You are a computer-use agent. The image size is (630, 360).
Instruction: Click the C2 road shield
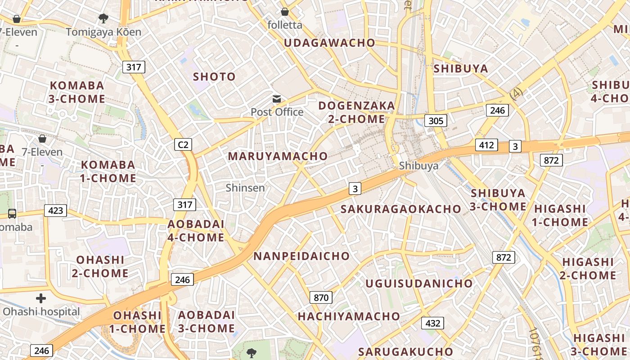183,144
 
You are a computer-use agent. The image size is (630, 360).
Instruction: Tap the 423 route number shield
55,210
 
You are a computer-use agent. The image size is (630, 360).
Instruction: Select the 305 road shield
436,121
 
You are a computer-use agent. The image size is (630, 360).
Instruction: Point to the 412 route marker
486,145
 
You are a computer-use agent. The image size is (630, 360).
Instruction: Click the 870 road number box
321,297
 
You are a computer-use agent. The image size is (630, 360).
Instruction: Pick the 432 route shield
432,323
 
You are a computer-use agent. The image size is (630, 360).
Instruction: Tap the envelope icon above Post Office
276,99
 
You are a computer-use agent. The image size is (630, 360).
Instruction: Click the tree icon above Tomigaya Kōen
103,18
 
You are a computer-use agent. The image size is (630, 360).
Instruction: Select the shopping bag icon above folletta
284,11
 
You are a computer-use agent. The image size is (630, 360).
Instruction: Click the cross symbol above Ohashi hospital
41,298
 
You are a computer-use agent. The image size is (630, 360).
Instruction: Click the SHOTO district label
214,76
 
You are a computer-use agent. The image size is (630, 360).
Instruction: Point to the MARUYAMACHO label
278,156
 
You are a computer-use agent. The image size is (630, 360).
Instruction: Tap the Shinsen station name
245,188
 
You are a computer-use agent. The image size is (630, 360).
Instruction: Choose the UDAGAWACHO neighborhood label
329,43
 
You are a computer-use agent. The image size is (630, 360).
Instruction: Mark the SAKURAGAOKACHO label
400,209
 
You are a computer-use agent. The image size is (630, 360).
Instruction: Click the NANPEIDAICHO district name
301,256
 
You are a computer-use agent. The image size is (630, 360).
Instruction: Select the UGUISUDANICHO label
419,283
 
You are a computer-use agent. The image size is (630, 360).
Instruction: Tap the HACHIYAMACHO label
349,316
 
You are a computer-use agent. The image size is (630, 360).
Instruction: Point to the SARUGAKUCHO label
405,351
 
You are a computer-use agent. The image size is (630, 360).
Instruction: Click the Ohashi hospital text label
41,311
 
